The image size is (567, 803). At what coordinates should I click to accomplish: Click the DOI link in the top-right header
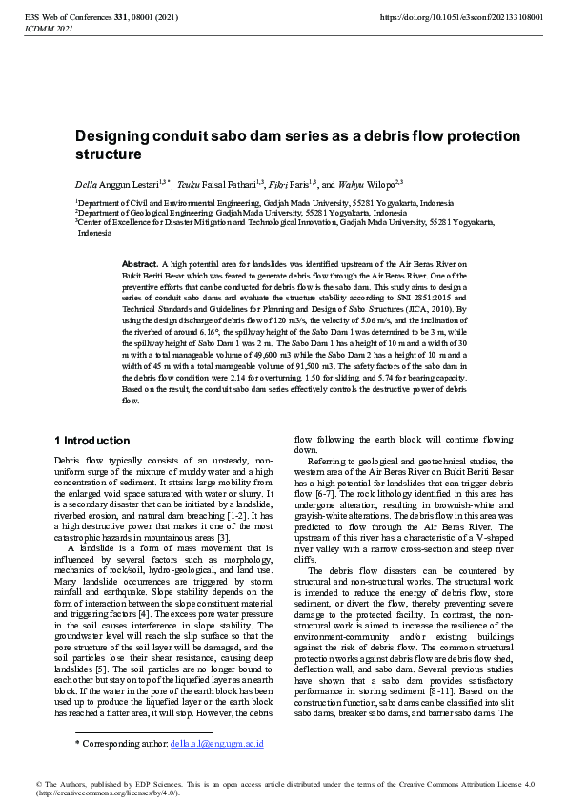pos(461,18)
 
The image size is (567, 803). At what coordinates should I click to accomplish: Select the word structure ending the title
pos(109,154)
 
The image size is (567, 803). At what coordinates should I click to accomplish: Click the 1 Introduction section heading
pos(92,441)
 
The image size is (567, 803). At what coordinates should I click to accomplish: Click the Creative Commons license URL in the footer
pos(115,793)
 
